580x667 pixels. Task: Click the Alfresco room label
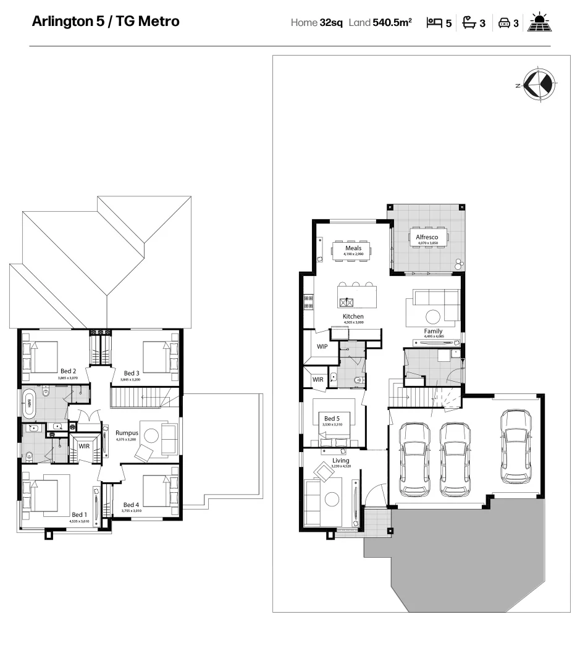(x=427, y=237)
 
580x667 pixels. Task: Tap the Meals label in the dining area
(x=353, y=248)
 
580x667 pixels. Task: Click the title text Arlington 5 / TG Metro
(x=106, y=22)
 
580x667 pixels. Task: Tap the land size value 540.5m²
(x=392, y=23)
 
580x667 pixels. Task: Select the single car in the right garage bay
(x=516, y=447)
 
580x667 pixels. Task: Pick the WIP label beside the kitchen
(x=322, y=346)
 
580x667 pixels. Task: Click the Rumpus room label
(x=127, y=433)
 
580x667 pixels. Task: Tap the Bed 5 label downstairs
(x=332, y=419)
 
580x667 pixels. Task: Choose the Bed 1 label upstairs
(x=79, y=514)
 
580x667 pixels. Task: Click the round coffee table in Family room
(x=433, y=316)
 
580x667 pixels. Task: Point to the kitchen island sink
(x=347, y=302)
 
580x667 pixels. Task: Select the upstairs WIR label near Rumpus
(x=84, y=446)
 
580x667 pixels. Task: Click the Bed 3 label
(x=132, y=373)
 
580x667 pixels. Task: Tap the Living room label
(x=340, y=461)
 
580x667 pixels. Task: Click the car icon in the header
(x=504, y=23)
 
